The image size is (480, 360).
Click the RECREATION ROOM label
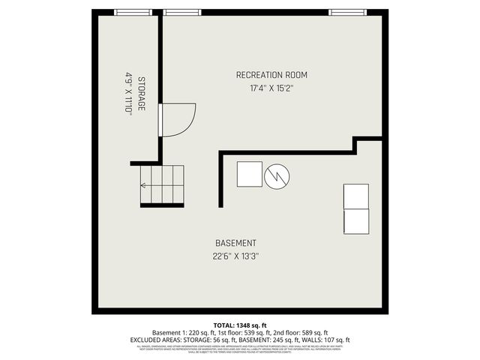pyautogui.click(x=271, y=75)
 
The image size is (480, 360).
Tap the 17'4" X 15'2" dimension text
pyautogui.click(x=271, y=88)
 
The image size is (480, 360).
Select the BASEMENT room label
pyautogui.click(x=235, y=243)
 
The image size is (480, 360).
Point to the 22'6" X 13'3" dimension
pyautogui.click(x=235, y=256)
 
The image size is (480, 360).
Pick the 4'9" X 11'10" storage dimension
pyautogui.click(x=128, y=93)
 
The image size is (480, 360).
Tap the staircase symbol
pyautogui.click(x=161, y=185)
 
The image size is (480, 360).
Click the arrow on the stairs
pyautogui.click(x=145, y=185)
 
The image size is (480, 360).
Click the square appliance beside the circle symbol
pyautogui.click(x=250, y=174)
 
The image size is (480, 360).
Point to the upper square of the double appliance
pyautogui.click(x=355, y=196)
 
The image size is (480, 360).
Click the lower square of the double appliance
pyautogui.click(x=355, y=222)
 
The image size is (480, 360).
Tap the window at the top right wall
pyautogui.click(x=343, y=11)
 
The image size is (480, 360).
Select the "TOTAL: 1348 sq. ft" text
pyautogui.click(x=240, y=325)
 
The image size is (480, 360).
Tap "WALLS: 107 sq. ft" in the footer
pyautogui.click(x=326, y=340)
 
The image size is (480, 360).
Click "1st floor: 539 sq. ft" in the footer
pyautogui.click(x=234, y=332)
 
